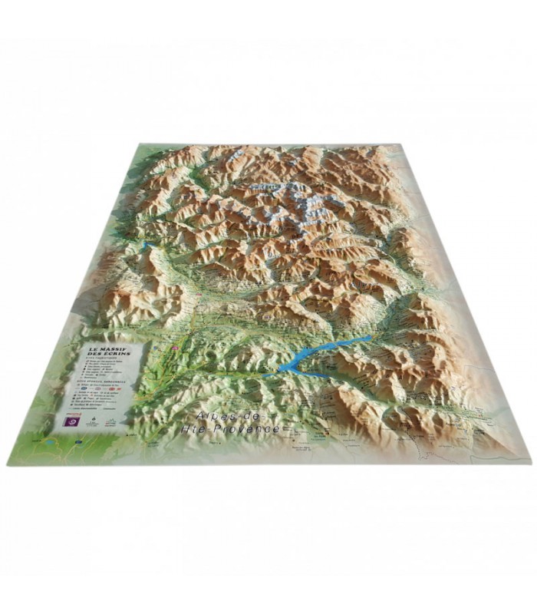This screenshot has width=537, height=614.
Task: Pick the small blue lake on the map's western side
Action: pos(148,246)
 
